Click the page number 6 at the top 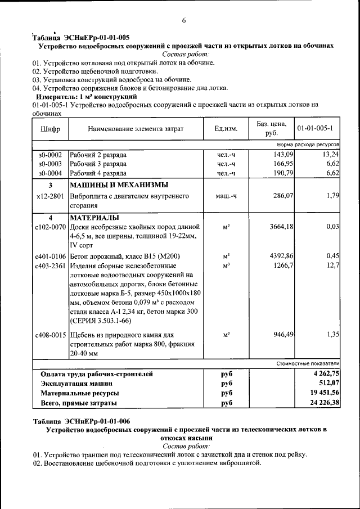point(183,21)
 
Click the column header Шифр point(51,129)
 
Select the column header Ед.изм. point(226,129)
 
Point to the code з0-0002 point(50,155)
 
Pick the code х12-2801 point(51,196)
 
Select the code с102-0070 point(51,227)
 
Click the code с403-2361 point(51,265)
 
